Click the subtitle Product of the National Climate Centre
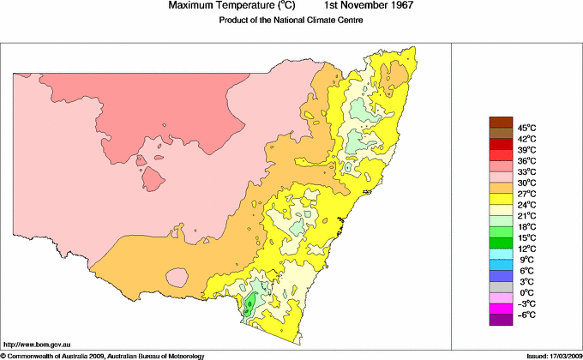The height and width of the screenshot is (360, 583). point(291,21)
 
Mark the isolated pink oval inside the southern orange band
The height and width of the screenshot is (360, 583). point(178,277)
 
